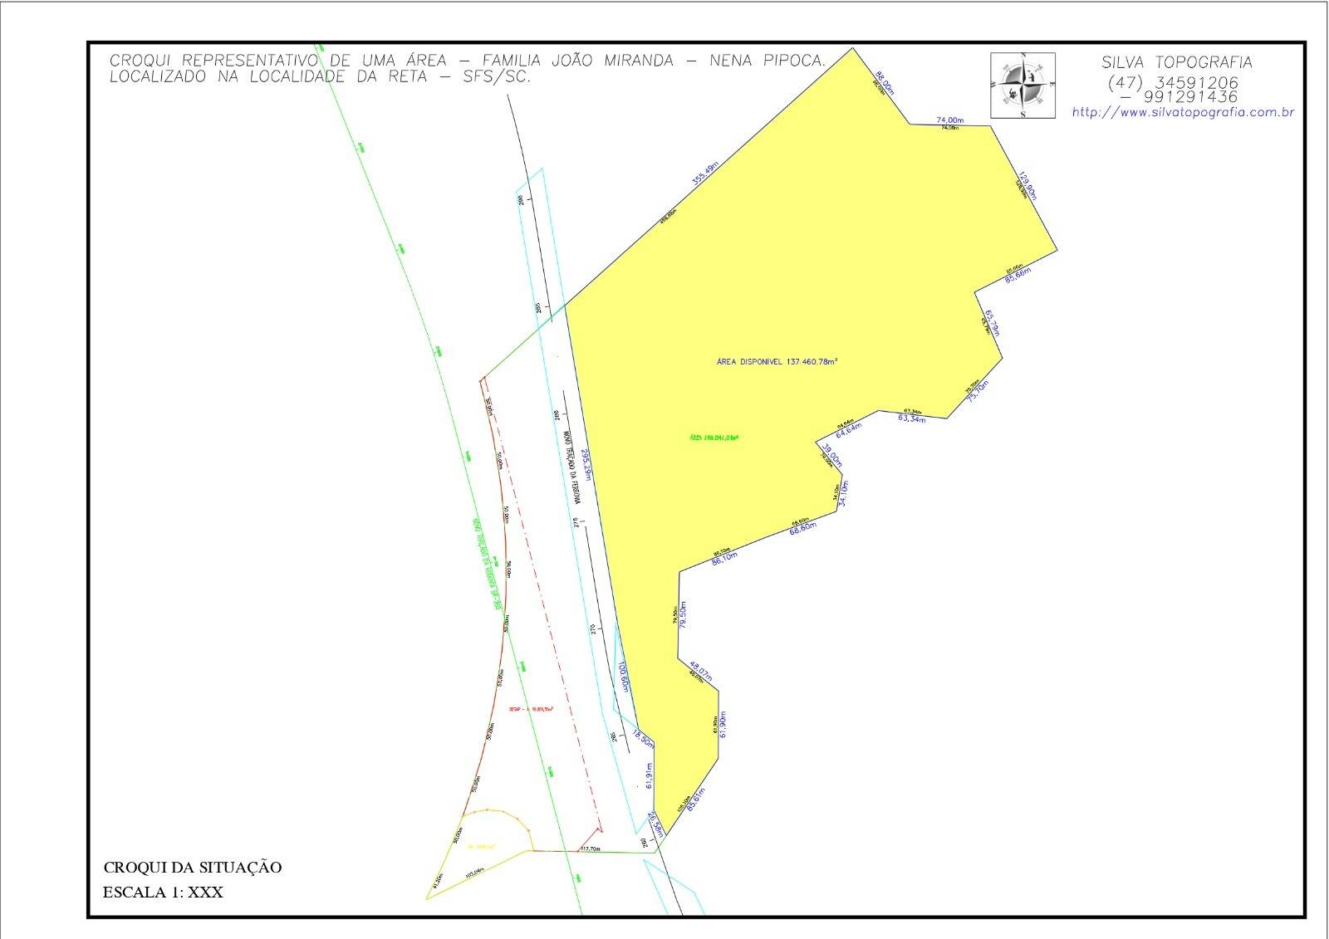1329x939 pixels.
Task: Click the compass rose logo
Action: click(1022, 85)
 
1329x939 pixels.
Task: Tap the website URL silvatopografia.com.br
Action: click(1183, 113)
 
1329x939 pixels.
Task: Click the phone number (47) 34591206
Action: click(1172, 83)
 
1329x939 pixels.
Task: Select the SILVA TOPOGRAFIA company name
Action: click(1176, 62)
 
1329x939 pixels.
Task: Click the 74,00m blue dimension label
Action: click(950, 120)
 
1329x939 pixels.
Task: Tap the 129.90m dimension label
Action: click(1028, 185)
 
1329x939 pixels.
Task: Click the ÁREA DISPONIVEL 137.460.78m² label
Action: click(777, 361)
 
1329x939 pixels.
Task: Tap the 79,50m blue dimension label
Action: click(683, 615)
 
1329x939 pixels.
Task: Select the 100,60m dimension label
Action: click(623, 677)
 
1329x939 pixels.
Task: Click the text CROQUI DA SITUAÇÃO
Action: click(192, 868)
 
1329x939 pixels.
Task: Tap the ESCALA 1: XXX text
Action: click(163, 893)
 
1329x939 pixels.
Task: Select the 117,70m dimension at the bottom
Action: click(590, 849)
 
